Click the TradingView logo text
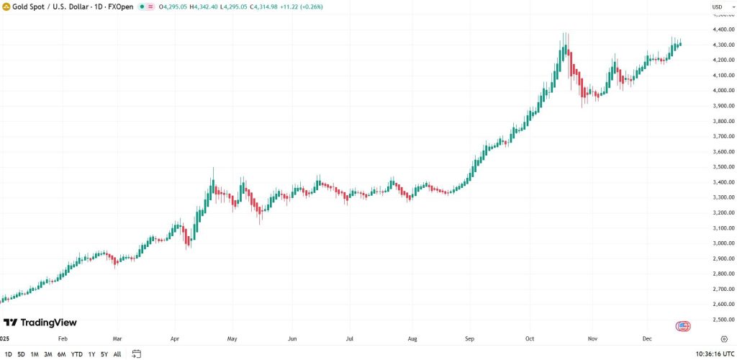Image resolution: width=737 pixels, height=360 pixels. click(x=48, y=323)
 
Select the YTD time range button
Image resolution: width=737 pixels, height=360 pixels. click(x=76, y=354)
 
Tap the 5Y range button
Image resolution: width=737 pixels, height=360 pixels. click(x=104, y=354)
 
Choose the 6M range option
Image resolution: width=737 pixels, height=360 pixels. click(x=62, y=354)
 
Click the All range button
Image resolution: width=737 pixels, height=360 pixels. click(x=117, y=354)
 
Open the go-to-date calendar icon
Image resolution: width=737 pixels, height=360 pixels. click(x=136, y=354)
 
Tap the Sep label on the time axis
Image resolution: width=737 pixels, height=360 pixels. click(x=470, y=338)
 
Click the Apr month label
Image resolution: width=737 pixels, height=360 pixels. click(x=175, y=338)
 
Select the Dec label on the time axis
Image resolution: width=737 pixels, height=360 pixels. click(x=647, y=338)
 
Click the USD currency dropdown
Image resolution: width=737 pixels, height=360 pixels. click(x=719, y=7)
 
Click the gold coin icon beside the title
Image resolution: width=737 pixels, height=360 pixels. click(x=6, y=6)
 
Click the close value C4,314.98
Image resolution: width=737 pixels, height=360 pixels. click(x=264, y=6)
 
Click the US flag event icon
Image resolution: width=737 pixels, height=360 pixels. click(x=683, y=326)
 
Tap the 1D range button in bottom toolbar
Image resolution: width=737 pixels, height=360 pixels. click(x=8, y=354)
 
